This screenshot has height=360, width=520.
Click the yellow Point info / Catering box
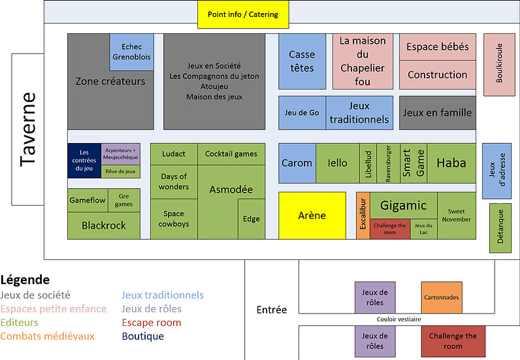click(x=242, y=14)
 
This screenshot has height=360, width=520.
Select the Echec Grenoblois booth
click(x=131, y=52)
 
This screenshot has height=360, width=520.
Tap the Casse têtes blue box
click(x=301, y=61)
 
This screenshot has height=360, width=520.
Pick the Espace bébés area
click(x=437, y=47)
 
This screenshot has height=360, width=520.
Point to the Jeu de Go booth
click(x=302, y=113)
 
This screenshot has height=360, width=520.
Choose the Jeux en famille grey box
click(x=437, y=113)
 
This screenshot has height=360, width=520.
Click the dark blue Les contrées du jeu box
click(x=84, y=160)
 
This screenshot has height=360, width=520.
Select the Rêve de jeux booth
click(x=120, y=172)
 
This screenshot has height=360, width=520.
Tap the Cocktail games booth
click(x=231, y=154)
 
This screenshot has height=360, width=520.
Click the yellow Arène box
click(x=312, y=216)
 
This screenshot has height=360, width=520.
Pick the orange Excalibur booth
click(x=363, y=216)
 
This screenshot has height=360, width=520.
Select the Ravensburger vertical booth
click(x=388, y=163)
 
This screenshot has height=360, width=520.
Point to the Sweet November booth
click(x=456, y=216)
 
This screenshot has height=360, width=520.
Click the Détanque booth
click(x=500, y=228)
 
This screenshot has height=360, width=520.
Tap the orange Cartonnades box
click(x=441, y=297)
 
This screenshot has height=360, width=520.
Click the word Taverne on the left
click(x=27, y=129)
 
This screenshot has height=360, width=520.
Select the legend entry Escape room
click(x=151, y=323)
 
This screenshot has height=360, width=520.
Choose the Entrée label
click(x=271, y=310)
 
